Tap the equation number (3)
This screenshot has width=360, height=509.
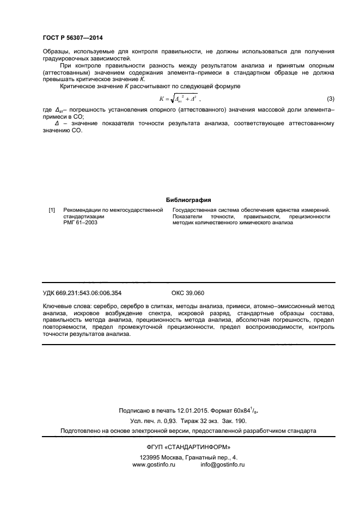(330, 99)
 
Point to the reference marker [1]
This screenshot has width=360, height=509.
(52, 210)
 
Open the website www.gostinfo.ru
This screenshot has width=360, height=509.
(156, 465)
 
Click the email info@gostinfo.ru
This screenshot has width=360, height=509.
(222, 465)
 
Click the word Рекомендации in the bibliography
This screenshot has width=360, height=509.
(84, 210)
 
